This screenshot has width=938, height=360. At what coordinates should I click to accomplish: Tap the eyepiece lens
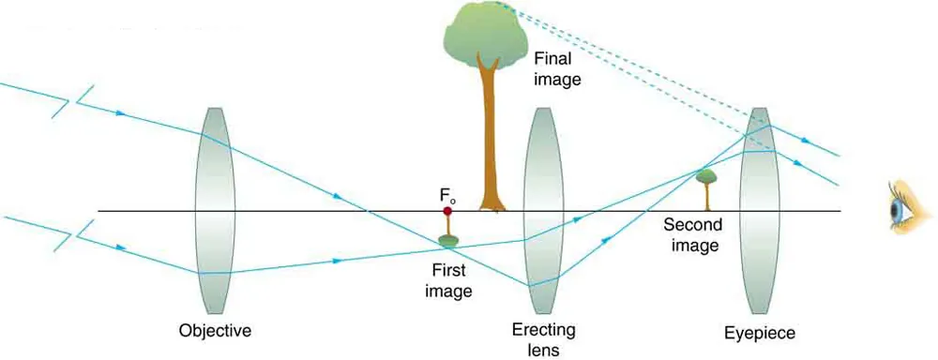759,211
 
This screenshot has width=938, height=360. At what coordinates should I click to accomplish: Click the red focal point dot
447,211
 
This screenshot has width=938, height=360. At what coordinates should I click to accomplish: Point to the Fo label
447,195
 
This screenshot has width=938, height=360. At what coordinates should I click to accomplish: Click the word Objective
216,330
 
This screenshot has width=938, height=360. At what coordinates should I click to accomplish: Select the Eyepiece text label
759,332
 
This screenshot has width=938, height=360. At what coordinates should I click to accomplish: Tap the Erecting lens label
544,339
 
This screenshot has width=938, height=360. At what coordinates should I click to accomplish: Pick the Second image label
691,235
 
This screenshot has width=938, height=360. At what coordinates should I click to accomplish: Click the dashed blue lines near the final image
638,75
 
